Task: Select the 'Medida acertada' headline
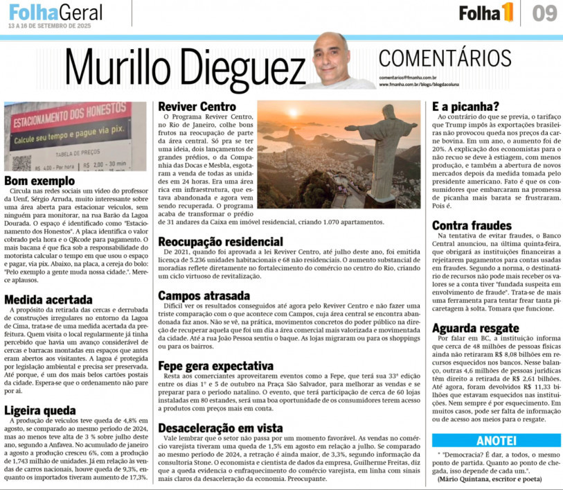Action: point(48,299)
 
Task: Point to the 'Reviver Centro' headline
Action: point(197,107)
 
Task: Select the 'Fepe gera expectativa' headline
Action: point(216,365)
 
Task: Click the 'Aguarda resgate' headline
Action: point(476,328)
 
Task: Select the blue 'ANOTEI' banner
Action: point(497,440)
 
